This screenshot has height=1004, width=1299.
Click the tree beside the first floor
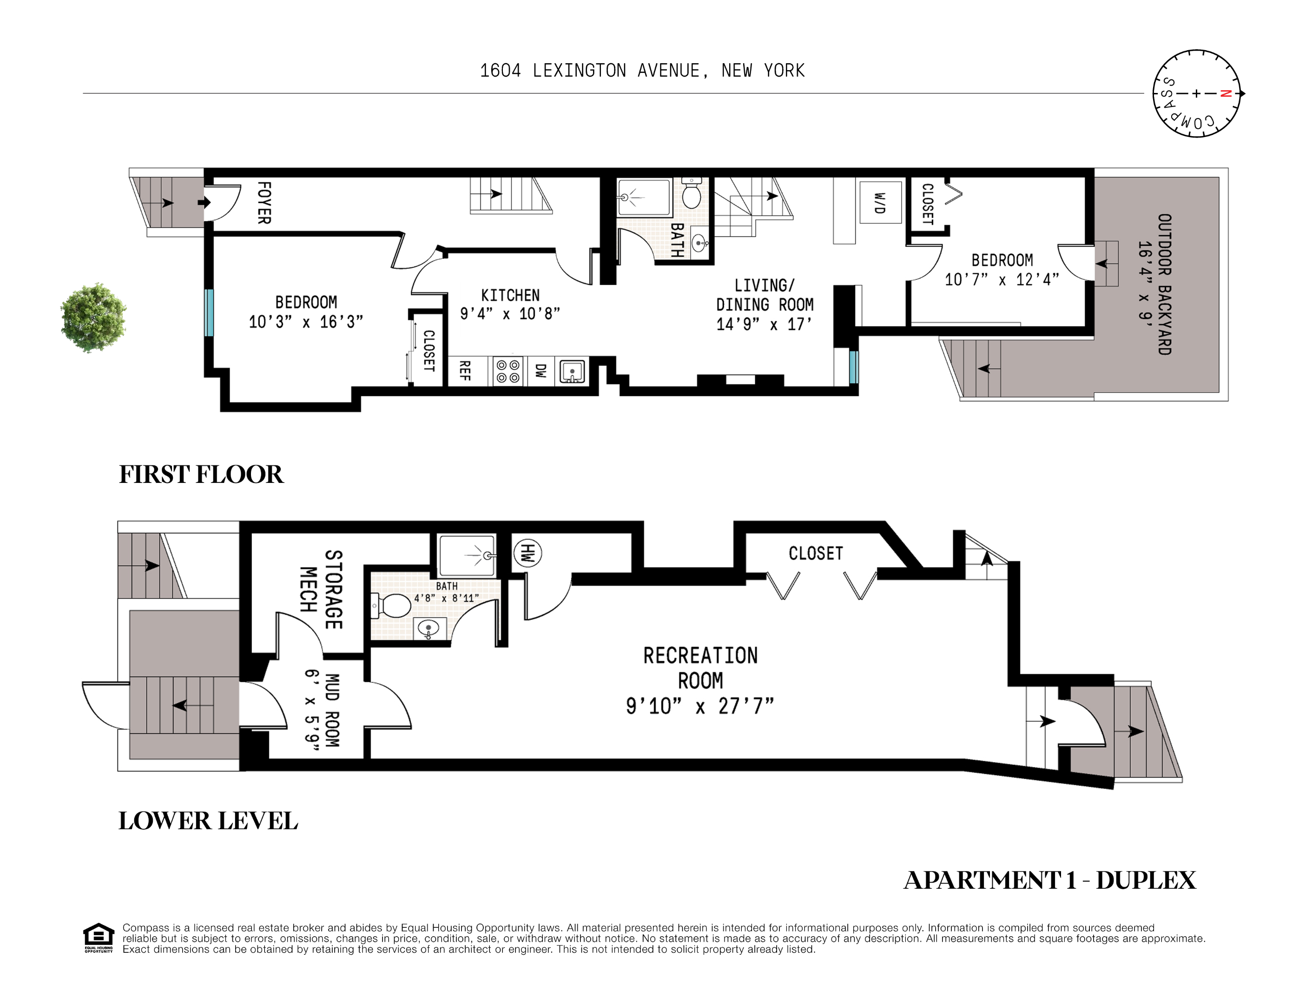93,317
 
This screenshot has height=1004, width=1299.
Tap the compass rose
1197,93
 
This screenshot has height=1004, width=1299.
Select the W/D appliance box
880,202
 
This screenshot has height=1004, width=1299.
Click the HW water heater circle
527,553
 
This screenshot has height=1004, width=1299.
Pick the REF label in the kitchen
465,370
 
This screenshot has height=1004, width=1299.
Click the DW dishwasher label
540,370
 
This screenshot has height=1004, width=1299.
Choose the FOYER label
264,203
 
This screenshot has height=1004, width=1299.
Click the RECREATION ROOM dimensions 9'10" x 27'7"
700,706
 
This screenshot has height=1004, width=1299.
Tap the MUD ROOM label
332,710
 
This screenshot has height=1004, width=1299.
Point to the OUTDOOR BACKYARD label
1164,284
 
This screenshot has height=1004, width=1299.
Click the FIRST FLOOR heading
201,475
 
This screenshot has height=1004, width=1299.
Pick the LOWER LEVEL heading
208,821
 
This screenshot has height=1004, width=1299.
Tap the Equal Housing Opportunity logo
98,938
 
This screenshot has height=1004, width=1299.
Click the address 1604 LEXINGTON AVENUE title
642,71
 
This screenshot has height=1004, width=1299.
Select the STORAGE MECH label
321,589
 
